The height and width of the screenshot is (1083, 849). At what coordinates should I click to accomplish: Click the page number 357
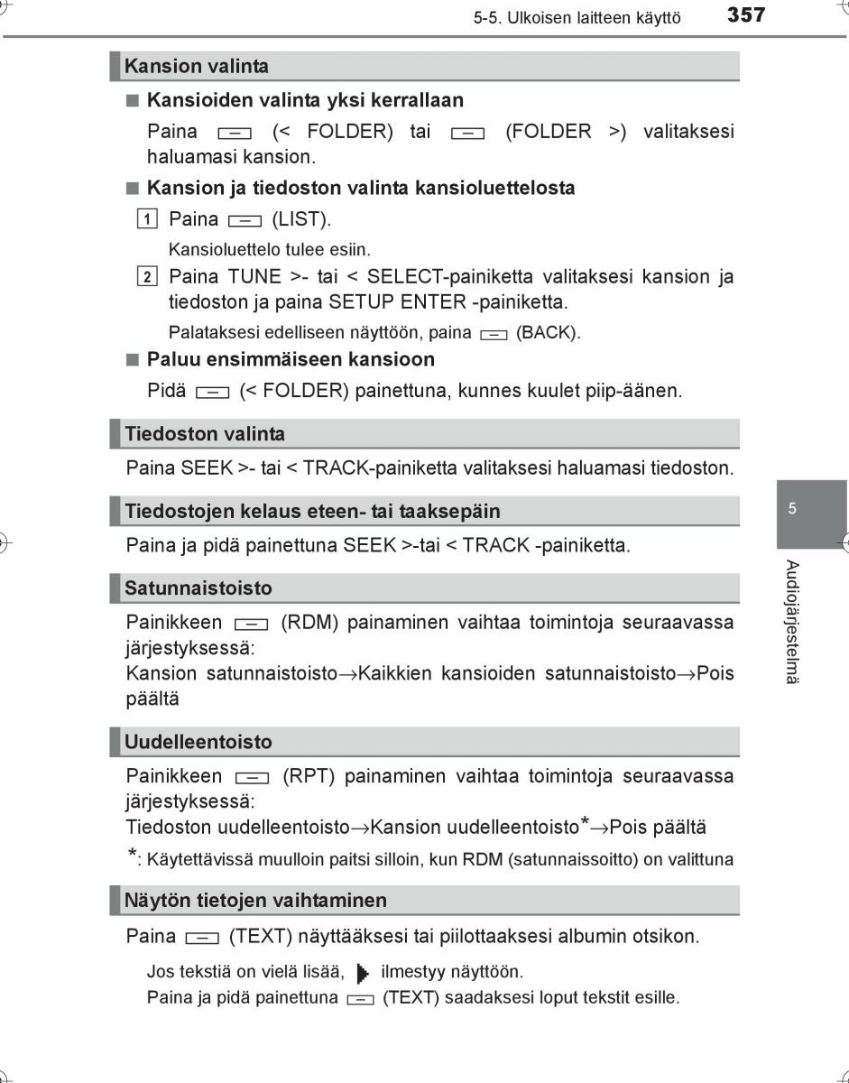pyautogui.click(x=746, y=15)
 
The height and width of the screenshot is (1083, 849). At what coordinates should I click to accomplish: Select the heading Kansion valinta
pyautogui.click(x=196, y=66)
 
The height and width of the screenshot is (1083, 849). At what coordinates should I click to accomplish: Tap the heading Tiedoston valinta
pyautogui.click(x=204, y=434)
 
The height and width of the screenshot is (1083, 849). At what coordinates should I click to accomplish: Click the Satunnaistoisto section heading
pyautogui.click(x=198, y=588)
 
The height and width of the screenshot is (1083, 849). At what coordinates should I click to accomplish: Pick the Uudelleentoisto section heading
pyautogui.click(x=198, y=743)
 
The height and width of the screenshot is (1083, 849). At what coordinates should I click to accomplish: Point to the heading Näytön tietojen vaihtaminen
pyautogui.click(x=255, y=901)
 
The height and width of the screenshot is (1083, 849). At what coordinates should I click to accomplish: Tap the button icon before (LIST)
pyautogui.click(x=245, y=220)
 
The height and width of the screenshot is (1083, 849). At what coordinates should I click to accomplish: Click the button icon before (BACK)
pyautogui.click(x=494, y=334)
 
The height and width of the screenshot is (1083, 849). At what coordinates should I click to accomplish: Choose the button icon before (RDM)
pyautogui.click(x=251, y=625)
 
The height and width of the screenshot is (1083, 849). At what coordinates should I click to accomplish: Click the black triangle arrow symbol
pyautogui.click(x=363, y=973)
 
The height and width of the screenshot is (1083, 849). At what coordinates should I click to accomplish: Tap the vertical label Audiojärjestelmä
pyautogui.click(x=791, y=621)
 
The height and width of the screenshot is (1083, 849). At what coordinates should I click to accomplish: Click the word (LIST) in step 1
pyautogui.click(x=301, y=219)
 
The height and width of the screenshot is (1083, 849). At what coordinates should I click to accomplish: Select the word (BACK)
pyautogui.click(x=548, y=333)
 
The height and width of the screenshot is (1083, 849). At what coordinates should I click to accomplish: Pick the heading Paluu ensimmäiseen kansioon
pyautogui.click(x=291, y=359)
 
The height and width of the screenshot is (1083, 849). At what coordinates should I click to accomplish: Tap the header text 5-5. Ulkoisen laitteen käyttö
pyautogui.click(x=577, y=17)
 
